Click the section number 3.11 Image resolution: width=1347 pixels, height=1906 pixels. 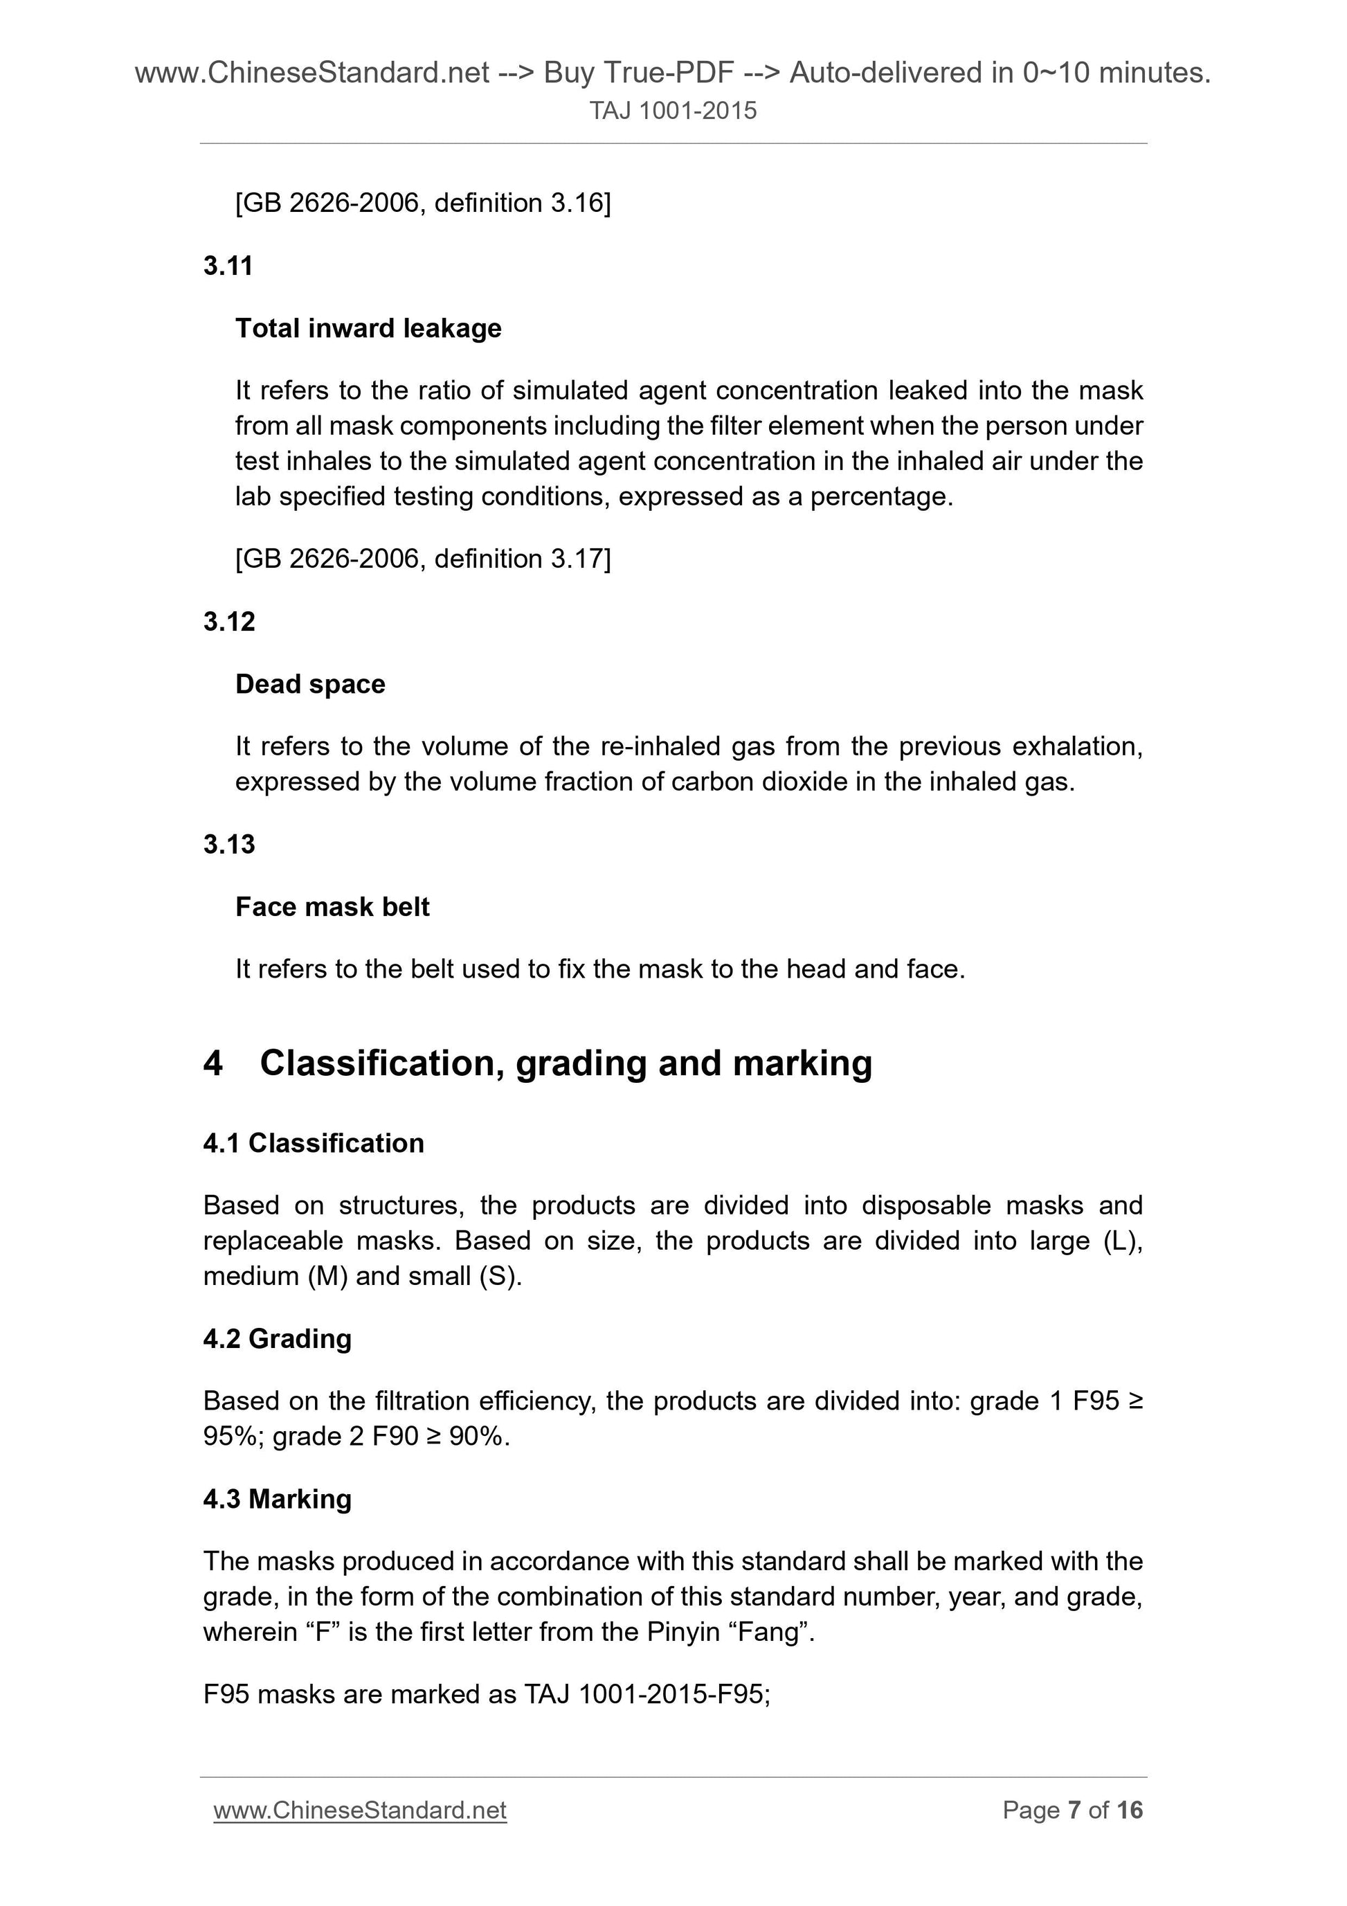[228, 266]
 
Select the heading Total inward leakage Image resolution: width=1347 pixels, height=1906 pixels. [368, 328]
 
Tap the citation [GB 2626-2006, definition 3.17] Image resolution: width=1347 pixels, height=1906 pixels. [422, 559]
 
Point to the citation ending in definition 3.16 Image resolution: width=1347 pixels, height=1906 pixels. [422, 203]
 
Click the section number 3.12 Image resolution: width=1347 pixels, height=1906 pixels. [228, 621]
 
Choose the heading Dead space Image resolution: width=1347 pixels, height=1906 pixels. [309, 684]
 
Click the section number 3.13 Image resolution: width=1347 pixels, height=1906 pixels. [228, 844]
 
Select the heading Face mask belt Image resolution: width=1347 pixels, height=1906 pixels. [332, 906]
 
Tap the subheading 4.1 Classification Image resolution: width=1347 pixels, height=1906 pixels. [313, 1143]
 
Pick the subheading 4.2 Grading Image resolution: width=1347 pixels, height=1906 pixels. [277, 1338]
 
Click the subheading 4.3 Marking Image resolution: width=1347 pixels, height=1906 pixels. [277, 1498]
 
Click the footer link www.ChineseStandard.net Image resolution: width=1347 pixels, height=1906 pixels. [359, 1810]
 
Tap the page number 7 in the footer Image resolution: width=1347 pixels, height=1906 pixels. [1074, 1810]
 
